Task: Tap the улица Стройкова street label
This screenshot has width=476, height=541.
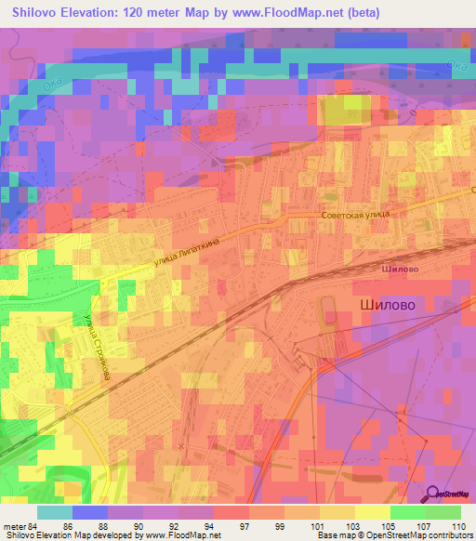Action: pyautogui.click(x=101, y=343)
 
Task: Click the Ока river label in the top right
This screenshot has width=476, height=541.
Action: pyautogui.click(x=456, y=65)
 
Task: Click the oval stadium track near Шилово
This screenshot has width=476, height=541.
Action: pyautogui.click(x=328, y=313)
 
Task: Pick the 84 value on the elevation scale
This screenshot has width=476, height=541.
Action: pyautogui.click(x=33, y=525)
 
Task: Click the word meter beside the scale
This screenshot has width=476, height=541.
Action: pyautogui.click(x=14, y=525)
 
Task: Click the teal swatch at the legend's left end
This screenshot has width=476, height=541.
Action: pyautogui.click(x=54, y=512)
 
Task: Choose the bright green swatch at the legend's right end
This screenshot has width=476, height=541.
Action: pyautogui.click(x=443, y=512)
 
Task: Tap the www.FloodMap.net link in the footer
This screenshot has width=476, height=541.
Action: pyautogui.click(x=178, y=535)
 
